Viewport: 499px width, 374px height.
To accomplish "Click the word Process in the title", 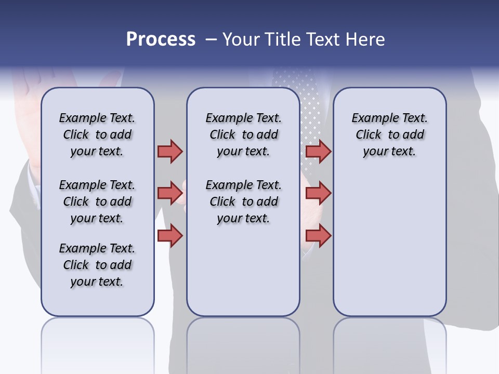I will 161,39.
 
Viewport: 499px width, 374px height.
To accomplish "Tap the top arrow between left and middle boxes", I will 170,151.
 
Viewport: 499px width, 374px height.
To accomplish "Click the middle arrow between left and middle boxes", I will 170,193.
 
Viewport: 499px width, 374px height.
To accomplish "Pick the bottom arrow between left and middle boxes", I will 170,235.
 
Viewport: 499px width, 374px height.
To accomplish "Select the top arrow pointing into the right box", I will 318,151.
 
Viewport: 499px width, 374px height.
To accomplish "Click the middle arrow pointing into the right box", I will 318,193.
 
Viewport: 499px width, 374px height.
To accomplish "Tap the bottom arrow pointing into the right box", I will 318,235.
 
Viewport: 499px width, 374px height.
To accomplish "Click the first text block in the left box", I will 97,135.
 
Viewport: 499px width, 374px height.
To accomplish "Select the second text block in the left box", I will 97,202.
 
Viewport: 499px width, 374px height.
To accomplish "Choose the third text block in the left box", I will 97,265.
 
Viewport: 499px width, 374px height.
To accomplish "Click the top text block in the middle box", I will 243,135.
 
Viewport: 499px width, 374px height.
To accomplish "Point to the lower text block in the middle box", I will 243,202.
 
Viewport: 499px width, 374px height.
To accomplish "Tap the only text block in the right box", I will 389,135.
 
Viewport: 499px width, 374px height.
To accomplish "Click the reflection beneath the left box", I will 98,343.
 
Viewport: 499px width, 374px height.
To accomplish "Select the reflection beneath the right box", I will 389,343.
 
